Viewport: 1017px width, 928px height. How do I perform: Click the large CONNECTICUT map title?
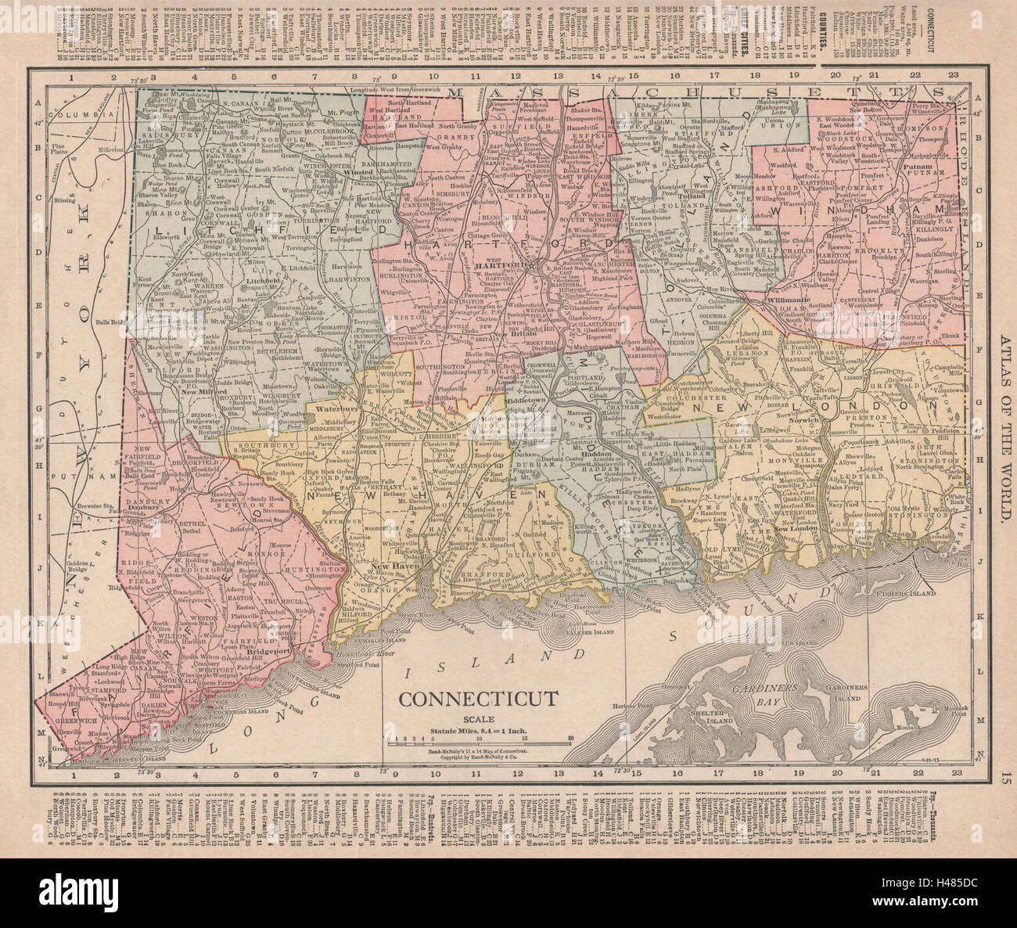(480, 699)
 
